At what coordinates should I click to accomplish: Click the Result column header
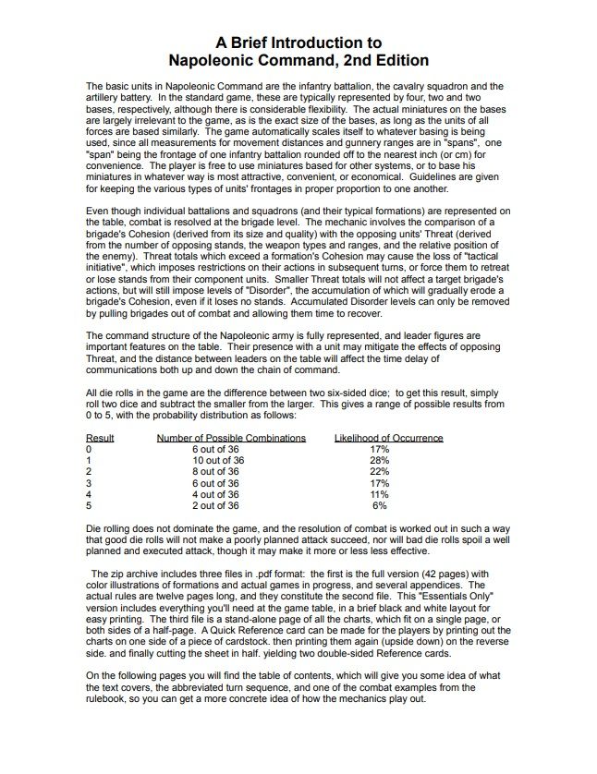tap(100, 438)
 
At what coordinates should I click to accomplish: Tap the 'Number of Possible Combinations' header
tap(231, 438)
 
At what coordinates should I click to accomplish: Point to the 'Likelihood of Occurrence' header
tap(388, 438)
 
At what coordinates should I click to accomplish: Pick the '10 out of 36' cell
tap(218, 460)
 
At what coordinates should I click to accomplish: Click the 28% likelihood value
tap(379, 460)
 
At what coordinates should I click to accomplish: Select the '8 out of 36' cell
tap(215, 471)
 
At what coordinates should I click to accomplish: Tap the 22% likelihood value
tap(379, 471)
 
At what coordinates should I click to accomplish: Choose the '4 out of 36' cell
tap(215, 494)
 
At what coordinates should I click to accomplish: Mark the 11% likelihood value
tap(379, 494)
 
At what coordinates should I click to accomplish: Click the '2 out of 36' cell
tap(215, 505)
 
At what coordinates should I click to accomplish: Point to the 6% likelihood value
tap(379, 505)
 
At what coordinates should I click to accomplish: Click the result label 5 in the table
tap(89, 505)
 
